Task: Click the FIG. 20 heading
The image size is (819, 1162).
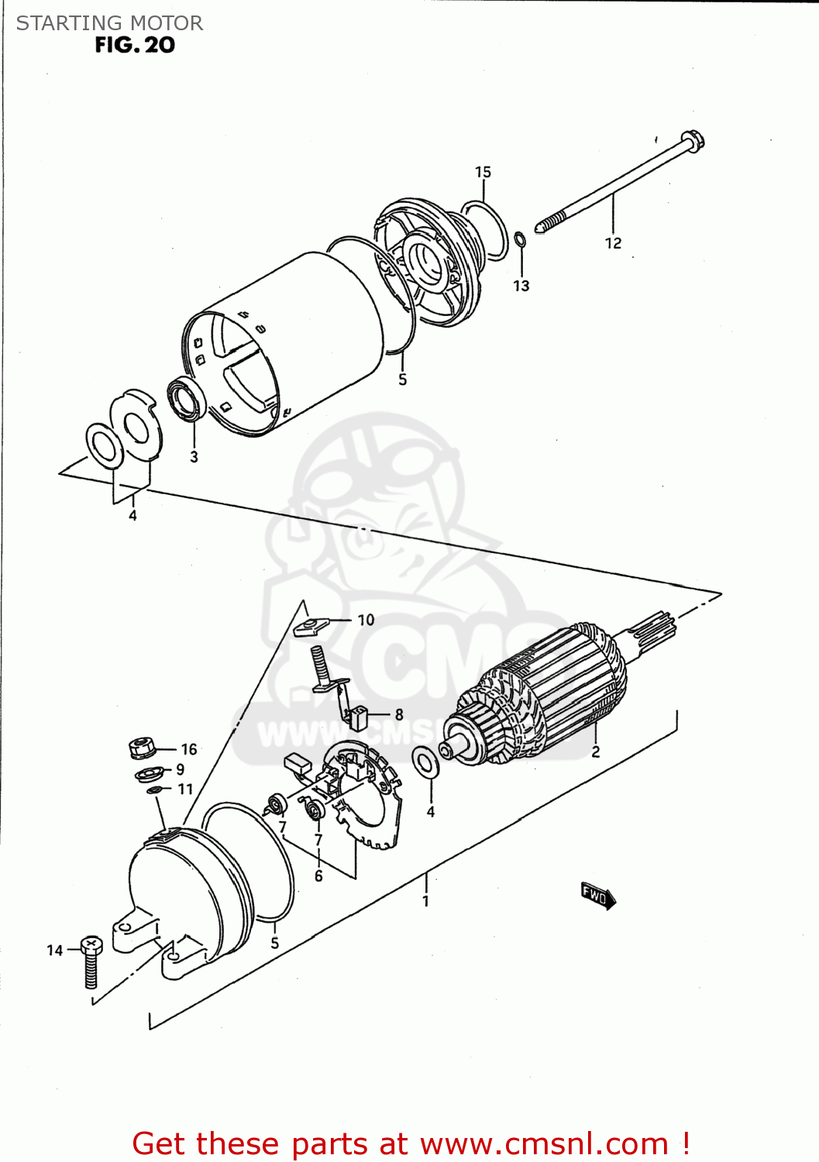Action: coord(135,45)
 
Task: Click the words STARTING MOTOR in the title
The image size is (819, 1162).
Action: coord(109,23)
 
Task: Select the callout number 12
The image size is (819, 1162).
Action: coord(613,243)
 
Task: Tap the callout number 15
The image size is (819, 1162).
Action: coord(483,172)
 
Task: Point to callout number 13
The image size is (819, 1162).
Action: coord(521,286)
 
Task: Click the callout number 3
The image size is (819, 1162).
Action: coord(194,457)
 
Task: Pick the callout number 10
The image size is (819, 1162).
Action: coord(366,620)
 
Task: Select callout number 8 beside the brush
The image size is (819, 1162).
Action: coord(399,715)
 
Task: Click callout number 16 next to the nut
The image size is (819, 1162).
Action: coord(189,749)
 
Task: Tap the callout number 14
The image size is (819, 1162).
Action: coord(54,951)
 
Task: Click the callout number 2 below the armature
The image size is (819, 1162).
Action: coord(595,751)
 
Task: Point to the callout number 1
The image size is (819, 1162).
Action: coord(425,901)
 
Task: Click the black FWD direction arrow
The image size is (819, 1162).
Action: coord(597,896)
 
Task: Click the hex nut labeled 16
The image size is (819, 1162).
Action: coord(141,748)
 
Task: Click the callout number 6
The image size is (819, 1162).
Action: coord(318,876)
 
